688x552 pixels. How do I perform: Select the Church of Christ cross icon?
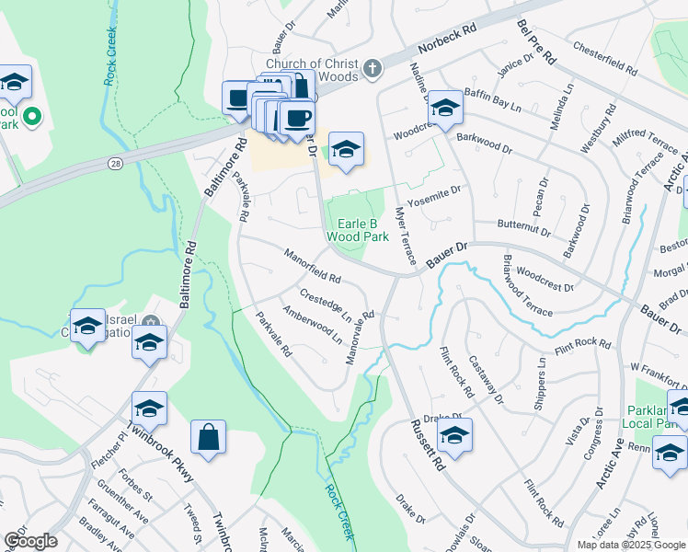coord(372,68)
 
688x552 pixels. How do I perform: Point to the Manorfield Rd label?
coord(313,266)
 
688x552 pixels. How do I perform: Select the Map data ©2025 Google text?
coord(630,545)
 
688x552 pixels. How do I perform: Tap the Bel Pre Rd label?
coord(536,42)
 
